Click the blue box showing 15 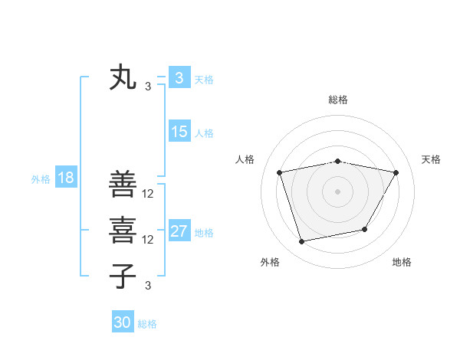point(179,132)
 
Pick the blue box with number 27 point(179,231)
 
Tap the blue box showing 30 point(123,322)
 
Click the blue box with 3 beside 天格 point(179,78)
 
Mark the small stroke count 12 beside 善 point(148,194)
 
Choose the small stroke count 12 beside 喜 point(148,240)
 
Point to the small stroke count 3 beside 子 point(147,286)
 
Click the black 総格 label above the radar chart point(338,100)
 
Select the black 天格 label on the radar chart point(432,159)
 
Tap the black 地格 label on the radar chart point(402,262)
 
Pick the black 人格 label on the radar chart point(245,159)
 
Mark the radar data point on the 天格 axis point(396,172)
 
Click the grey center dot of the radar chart point(338,191)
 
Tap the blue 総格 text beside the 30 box point(147,324)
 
